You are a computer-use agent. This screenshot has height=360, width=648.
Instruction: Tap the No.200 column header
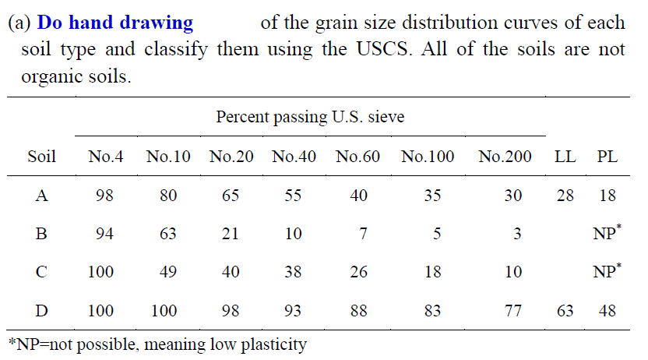pyautogui.click(x=505, y=157)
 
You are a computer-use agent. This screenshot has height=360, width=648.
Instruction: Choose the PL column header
pyautogui.click(x=607, y=157)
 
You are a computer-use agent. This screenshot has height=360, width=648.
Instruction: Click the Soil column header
pyautogui.click(x=42, y=157)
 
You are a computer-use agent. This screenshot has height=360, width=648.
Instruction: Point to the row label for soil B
pyautogui.click(x=42, y=234)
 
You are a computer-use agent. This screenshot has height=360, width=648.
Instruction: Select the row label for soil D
pyautogui.click(x=42, y=311)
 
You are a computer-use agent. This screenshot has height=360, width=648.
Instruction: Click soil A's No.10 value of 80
pyautogui.click(x=168, y=196)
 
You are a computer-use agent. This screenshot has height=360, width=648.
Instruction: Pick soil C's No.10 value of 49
pyautogui.click(x=168, y=272)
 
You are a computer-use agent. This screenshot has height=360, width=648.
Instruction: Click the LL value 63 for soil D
pyautogui.click(x=565, y=311)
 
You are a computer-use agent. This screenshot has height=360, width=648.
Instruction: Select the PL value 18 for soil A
pyautogui.click(x=607, y=196)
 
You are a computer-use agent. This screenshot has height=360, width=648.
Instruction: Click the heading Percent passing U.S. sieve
pyautogui.click(x=309, y=118)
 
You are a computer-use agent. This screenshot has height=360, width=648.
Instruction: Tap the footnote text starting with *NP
pyautogui.click(x=157, y=344)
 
